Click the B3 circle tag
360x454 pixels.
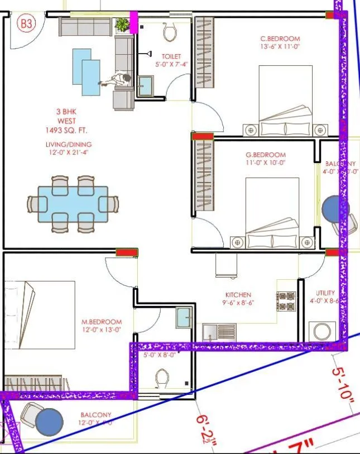pos(26,24)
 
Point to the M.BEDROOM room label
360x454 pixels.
pos(102,322)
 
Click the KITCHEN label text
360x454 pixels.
pos(238,295)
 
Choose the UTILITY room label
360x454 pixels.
pos(325,293)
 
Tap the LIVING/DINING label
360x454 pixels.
pos(67,144)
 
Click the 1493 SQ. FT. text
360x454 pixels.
pos(67,130)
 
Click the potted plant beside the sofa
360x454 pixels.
pos(121,25)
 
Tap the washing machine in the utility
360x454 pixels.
pos(322,331)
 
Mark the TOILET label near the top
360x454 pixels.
pos(171,56)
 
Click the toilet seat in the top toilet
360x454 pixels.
pos(170,32)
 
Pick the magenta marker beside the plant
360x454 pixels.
pos(133,22)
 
